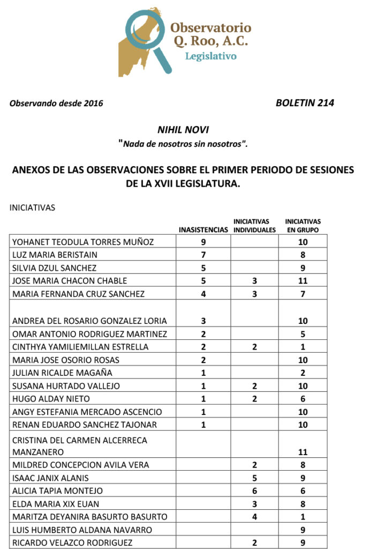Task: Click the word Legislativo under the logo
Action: pos(210,56)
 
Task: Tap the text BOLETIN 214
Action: pos(305,103)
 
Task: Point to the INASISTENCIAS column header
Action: pos(203,230)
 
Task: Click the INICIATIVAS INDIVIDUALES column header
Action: pos(255,226)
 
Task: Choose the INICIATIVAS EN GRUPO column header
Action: pos(303,226)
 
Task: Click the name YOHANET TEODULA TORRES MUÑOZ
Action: pos(83,242)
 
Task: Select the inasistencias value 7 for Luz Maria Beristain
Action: pos(203,255)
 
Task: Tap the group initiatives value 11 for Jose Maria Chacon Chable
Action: pos(303,281)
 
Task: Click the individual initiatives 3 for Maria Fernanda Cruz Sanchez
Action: pos(255,294)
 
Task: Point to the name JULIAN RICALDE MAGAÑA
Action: pos(62,373)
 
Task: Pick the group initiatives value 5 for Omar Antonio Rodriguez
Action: pos(303,334)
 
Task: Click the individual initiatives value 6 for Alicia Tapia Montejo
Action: pos(255,491)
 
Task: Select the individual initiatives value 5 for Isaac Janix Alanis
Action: pos(255,478)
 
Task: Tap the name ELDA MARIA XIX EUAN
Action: pos(56,504)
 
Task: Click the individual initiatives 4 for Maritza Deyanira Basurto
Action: pos(255,517)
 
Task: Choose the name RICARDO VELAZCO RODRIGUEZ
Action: pos(73,543)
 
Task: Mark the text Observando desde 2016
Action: pos(56,103)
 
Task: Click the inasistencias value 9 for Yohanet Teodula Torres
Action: pos(203,242)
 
